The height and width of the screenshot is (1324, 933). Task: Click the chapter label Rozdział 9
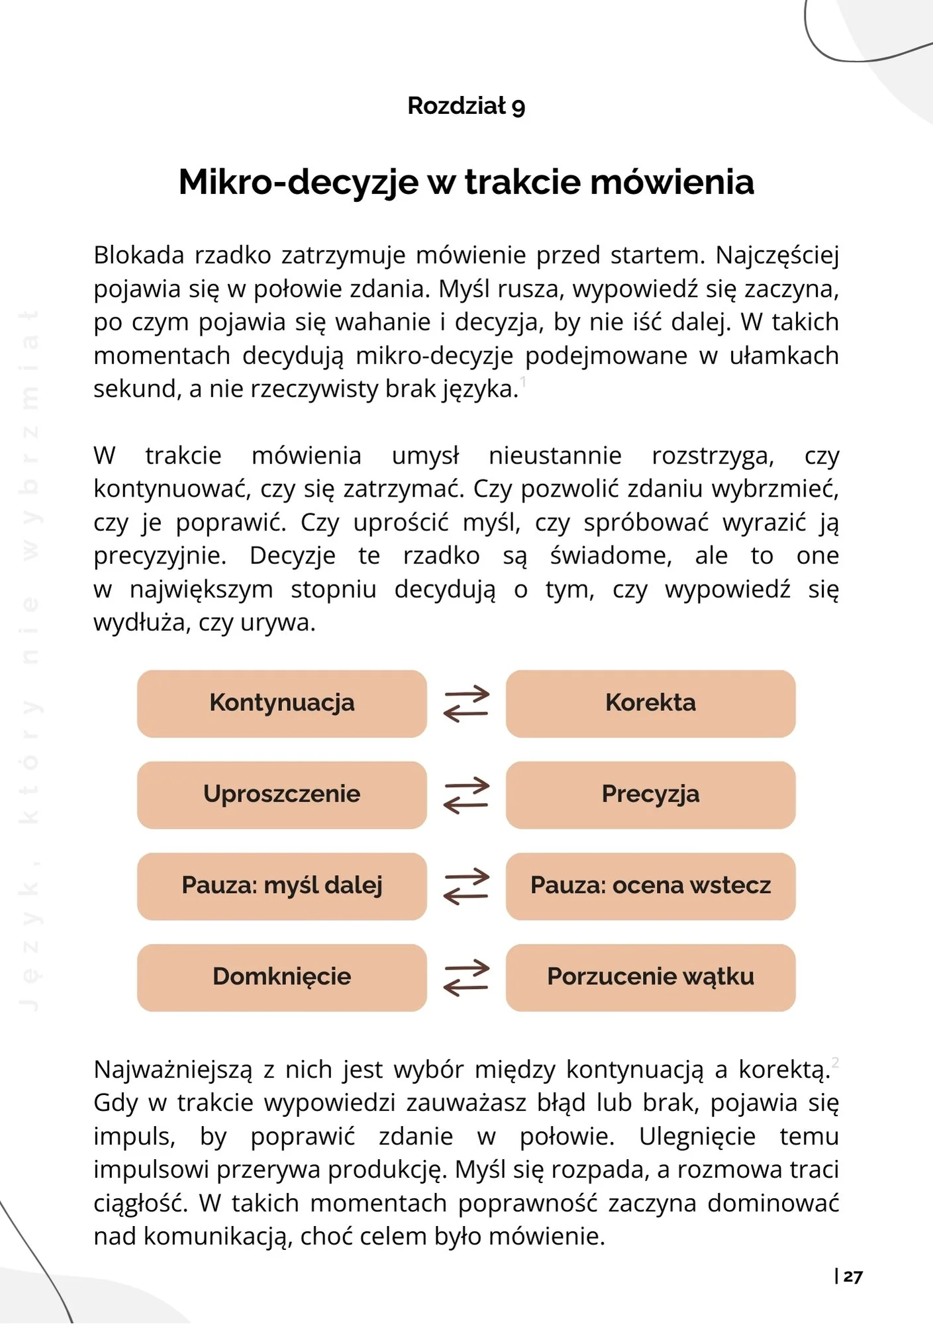[466, 106]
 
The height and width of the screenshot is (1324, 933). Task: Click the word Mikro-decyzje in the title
[298, 182]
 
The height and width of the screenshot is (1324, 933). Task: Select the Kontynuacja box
[282, 703]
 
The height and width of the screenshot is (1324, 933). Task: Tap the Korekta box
[650, 703]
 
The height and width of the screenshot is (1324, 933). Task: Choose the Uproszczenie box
[282, 794]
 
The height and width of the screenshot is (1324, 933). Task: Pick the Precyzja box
[650, 794]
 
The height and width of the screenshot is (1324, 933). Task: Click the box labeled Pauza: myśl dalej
[282, 886]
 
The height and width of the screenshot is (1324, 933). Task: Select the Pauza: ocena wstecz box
[650, 886]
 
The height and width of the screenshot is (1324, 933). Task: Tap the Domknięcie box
[282, 977]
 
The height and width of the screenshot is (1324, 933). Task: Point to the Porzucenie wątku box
[650, 977]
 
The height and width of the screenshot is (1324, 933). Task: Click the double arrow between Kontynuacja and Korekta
[466, 704]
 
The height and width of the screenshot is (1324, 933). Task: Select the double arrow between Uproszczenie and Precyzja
[466, 795]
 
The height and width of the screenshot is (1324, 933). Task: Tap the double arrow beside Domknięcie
[466, 978]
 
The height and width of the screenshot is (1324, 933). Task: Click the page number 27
[853, 1276]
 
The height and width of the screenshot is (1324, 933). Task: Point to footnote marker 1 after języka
[523, 381]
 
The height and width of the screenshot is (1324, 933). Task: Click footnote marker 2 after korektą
[836, 1063]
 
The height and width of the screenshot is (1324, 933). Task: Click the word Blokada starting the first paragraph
[138, 256]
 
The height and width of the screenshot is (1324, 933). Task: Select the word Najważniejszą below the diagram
[173, 1070]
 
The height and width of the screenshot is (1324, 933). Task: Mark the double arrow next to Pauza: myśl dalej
[466, 886]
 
